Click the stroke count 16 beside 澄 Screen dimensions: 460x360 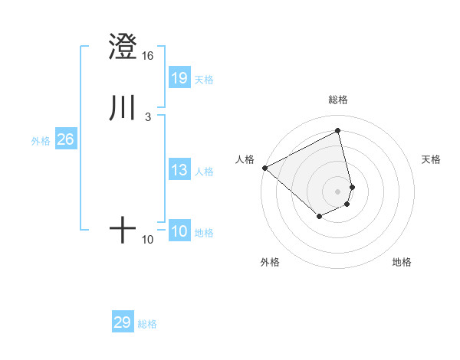coord(147,56)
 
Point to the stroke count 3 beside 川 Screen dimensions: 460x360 coord(147,116)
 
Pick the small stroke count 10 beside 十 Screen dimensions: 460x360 coord(147,240)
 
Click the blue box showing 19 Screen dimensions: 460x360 coord(179,77)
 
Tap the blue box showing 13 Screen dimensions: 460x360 coord(179,170)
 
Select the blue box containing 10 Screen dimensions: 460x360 coord(179,231)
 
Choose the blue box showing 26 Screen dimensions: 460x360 coord(65,139)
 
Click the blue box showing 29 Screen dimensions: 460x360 coord(123,322)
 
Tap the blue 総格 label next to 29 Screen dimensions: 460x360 coord(147,324)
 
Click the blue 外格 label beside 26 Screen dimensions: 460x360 coord(41,141)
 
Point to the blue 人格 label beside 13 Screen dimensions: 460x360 coord(205,172)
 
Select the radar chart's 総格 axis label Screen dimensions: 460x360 coord(338,100)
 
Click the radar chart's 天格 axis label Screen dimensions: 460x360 coord(432,159)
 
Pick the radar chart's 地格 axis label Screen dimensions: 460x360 coord(402,262)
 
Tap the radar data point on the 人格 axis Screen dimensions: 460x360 coord(264,168)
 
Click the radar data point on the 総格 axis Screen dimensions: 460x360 coord(338,131)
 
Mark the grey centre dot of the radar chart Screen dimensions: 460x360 coord(338,191)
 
